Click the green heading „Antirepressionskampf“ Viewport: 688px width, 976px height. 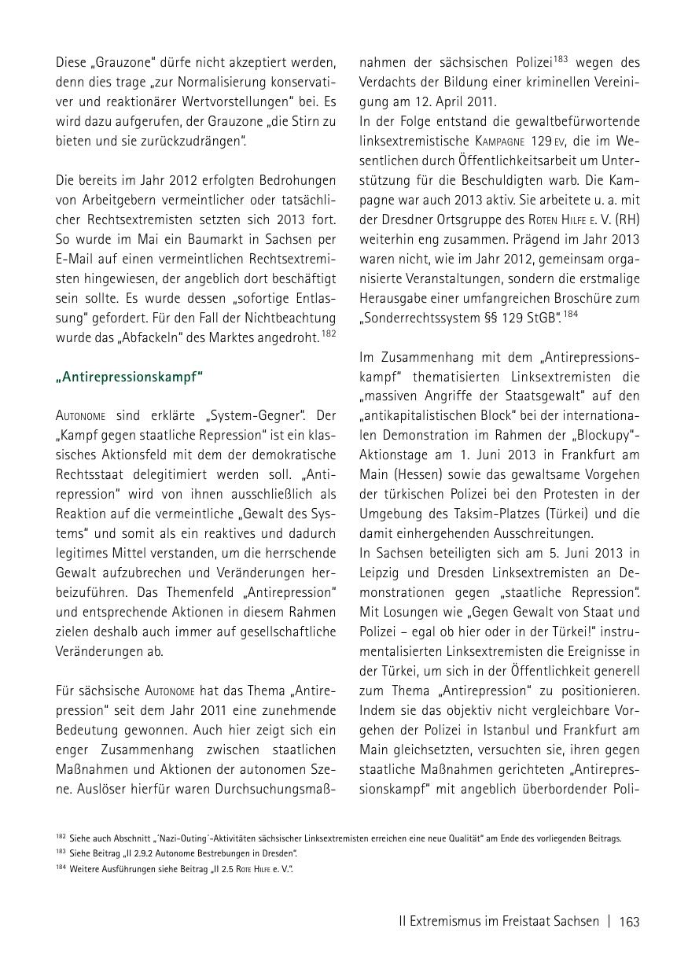129,376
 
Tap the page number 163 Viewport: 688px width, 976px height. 629,921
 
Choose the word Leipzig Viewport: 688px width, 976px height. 384,573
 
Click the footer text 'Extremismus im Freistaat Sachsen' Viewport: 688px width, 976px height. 499,921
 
